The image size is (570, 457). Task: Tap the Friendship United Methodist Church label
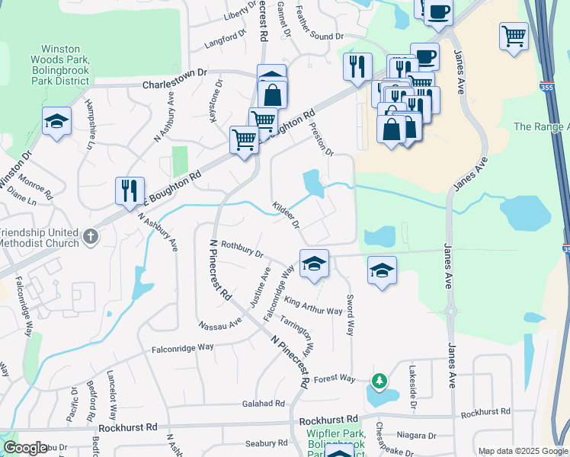[x=40, y=238]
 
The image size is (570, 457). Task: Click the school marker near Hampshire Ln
[x=56, y=123]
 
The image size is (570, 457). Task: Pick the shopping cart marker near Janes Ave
[x=514, y=36]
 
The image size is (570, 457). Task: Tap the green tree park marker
[x=378, y=379]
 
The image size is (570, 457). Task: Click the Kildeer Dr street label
[x=287, y=215]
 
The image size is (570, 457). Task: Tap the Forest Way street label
[x=335, y=379]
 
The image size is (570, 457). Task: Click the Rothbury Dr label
[x=242, y=253]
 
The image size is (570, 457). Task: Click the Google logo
[x=25, y=448]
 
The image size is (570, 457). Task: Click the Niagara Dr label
[x=411, y=436]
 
